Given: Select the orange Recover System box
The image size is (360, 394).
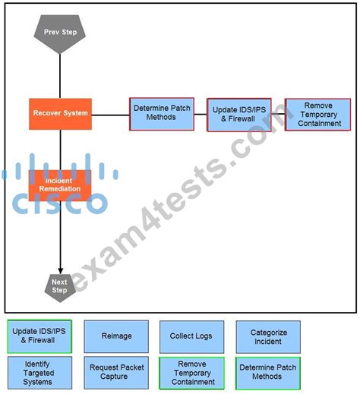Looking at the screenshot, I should tap(60, 113).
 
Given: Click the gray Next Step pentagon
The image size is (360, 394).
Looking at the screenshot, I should tap(59, 286).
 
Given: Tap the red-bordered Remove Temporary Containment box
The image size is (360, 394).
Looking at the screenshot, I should tap(317, 114).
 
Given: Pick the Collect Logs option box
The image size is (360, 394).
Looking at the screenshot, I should tap(191, 336).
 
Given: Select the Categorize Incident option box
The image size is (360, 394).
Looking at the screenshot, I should tap(268, 336).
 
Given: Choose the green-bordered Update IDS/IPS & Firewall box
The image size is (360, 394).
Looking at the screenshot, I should tap(39, 336).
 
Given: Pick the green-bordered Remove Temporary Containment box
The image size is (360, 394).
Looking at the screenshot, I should tap(191, 372).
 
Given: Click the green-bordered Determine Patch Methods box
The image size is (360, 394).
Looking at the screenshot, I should tap(268, 372).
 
